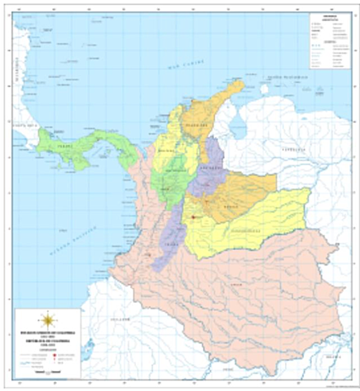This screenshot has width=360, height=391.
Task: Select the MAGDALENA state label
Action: (195, 125)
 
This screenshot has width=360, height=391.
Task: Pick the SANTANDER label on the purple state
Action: (211, 167)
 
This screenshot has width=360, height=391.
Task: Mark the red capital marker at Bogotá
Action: (193, 217)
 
